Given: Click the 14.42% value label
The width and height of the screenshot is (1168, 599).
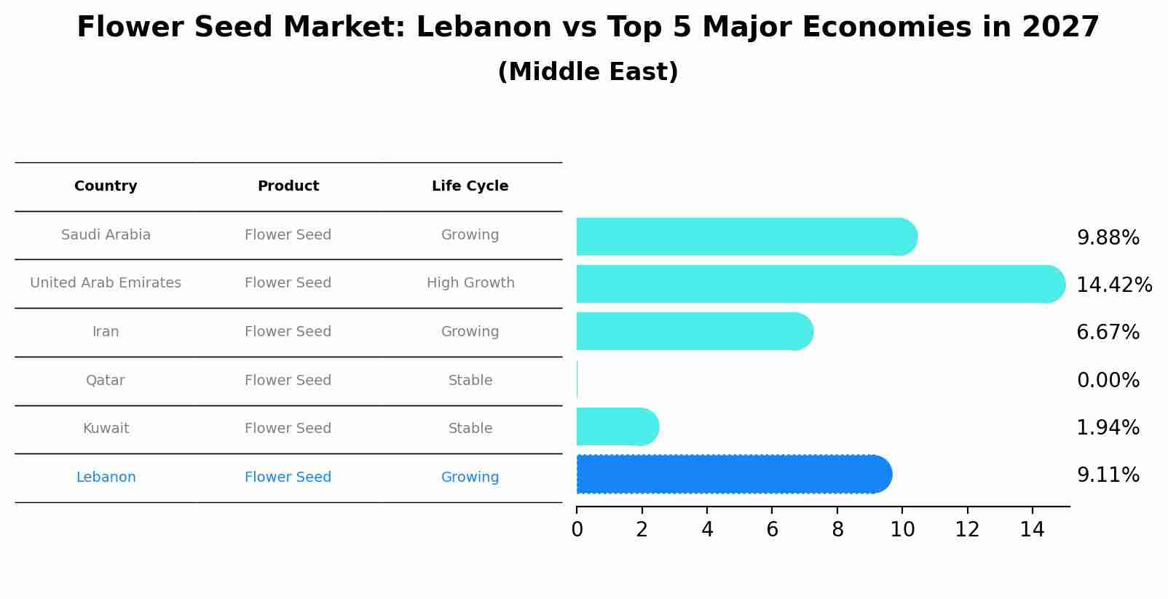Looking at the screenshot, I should [x=1113, y=285].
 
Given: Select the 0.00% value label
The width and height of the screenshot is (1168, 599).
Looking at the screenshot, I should [x=1108, y=380].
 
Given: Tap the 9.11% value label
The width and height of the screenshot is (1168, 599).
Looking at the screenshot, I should [x=1108, y=475].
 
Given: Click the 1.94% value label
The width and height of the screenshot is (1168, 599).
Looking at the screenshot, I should [x=1108, y=428].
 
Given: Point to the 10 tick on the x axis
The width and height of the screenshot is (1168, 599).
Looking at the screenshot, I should [x=902, y=530].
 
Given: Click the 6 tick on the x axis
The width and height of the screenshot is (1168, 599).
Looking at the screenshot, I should [x=772, y=530].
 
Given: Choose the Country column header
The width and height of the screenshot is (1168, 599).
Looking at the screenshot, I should [x=106, y=186].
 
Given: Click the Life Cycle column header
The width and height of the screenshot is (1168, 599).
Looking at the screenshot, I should [x=470, y=186].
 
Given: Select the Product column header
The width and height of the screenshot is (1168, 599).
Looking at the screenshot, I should [x=288, y=186].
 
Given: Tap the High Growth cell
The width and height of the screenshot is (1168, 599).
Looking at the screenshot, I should [x=470, y=283].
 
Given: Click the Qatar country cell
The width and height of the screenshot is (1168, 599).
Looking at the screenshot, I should [x=106, y=380].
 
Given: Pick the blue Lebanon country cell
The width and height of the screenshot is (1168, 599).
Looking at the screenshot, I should [x=106, y=477].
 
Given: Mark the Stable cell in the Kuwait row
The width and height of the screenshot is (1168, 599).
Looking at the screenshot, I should [x=470, y=429].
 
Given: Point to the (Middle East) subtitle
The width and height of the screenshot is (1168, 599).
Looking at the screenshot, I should [x=588, y=72].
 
